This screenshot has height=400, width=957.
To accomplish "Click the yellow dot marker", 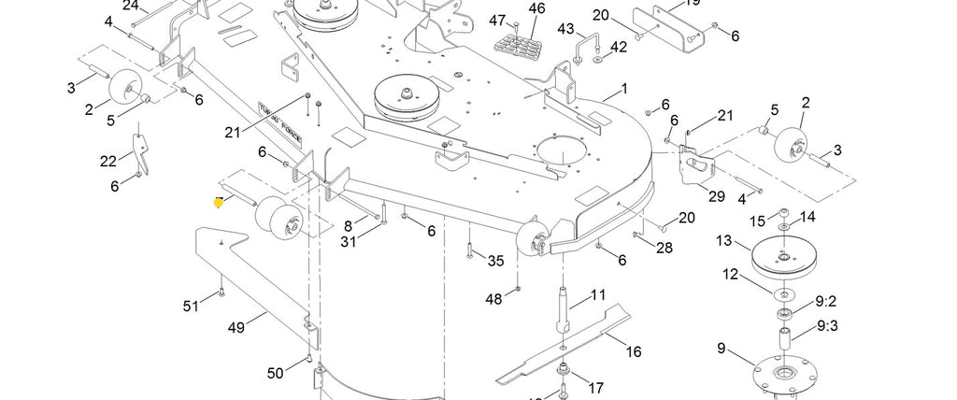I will pyautogui.click(x=220, y=202).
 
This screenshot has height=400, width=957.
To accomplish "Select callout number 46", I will pyautogui.click(x=536, y=8).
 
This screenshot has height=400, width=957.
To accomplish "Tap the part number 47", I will pyautogui.click(x=497, y=20).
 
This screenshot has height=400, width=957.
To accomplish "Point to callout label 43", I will pyautogui.click(x=565, y=29).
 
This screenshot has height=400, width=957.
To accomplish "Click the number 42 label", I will pyautogui.click(x=619, y=47).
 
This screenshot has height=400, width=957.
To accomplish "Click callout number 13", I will pyautogui.click(x=723, y=240).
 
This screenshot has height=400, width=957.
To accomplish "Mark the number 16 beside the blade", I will pyautogui.click(x=634, y=351).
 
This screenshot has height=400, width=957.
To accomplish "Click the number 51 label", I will pyautogui.click(x=191, y=306).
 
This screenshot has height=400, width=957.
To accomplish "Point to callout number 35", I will pyautogui.click(x=495, y=261).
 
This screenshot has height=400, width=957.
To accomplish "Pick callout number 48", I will pyautogui.click(x=493, y=299).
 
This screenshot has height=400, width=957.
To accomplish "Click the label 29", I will pyautogui.click(x=717, y=196).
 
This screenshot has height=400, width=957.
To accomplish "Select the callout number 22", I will pyautogui.click(x=109, y=161).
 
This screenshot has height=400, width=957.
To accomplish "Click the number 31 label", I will pyautogui.click(x=348, y=242).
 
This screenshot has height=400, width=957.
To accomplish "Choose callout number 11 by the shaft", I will pyautogui.click(x=597, y=297).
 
